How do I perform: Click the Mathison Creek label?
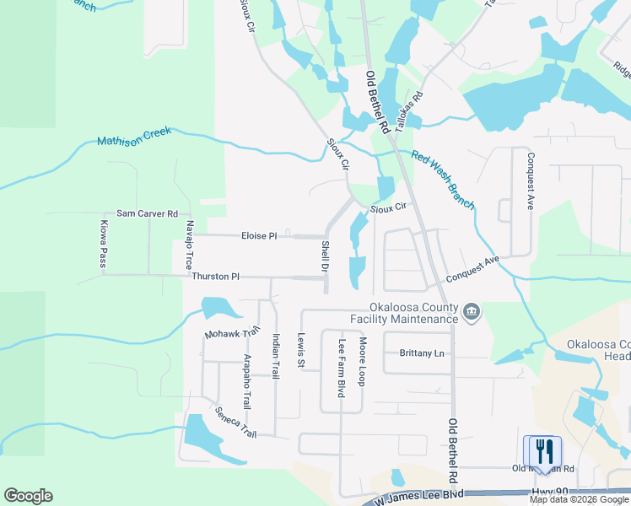[x=134, y=136]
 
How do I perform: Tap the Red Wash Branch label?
[x=443, y=181]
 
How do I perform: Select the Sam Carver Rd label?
[x=147, y=214]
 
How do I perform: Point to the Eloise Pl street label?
[x=259, y=236]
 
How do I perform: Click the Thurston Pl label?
[x=216, y=277]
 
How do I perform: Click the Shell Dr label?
[x=326, y=256]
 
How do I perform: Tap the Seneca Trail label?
[x=235, y=422]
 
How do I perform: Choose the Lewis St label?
[x=300, y=349]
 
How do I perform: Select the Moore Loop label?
[x=362, y=362]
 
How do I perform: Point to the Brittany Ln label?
[x=422, y=353]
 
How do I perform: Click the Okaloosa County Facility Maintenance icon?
[x=472, y=313]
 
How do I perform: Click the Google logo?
[x=28, y=496]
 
